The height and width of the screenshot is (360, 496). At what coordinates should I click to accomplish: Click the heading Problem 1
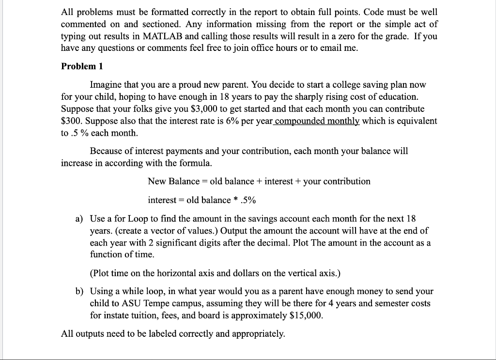[x=82, y=66]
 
